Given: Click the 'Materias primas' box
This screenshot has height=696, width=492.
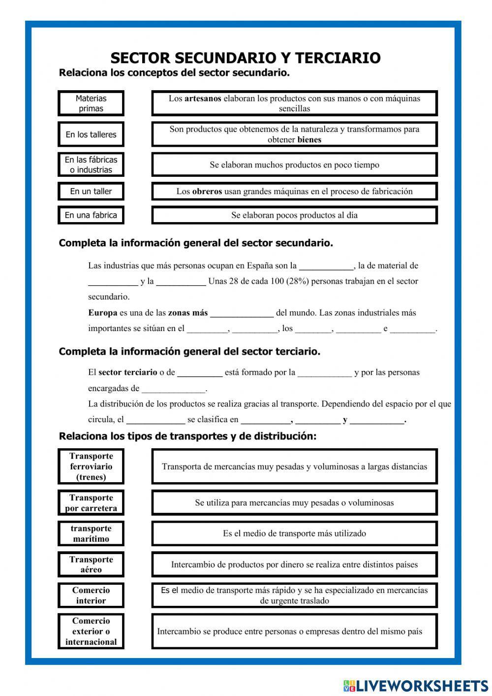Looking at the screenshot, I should click(91, 103).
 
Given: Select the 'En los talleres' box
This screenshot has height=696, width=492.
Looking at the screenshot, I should click(91, 134).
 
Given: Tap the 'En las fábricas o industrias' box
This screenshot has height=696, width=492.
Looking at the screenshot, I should click(91, 165).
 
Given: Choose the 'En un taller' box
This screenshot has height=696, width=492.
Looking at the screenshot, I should click(91, 191).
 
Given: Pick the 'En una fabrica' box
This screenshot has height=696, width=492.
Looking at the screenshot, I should click(91, 215).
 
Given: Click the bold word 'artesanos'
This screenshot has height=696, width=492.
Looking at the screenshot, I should click(203, 99).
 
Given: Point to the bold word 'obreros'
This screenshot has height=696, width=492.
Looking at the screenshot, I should click(207, 192).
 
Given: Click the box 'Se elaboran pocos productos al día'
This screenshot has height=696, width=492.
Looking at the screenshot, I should click(294, 215).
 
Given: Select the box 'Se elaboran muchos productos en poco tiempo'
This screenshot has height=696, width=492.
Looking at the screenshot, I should click(294, 165).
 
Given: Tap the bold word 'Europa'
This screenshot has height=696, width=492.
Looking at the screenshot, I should click(103, 313).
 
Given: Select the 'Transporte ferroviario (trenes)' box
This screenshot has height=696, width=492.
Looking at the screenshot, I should click(91, 466).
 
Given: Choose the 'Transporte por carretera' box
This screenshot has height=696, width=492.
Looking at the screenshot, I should click(91, 503).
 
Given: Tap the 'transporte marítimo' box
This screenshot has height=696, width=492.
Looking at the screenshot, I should click(91, 533).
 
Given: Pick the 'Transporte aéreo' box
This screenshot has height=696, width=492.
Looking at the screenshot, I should click(91, 564).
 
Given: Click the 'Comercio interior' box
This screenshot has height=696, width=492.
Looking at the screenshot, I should click(91, 595).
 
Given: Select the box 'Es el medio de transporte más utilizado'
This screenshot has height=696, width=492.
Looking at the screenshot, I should click(294, 533).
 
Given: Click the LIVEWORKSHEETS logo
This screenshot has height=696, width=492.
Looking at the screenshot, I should click(416, 686).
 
